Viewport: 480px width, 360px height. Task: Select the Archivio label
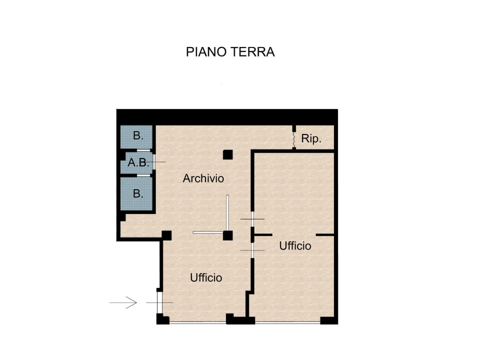(x=203, y=178)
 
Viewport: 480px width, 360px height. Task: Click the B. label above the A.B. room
(x=138, y=135)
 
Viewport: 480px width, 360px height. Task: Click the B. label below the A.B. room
(x=138, y=193)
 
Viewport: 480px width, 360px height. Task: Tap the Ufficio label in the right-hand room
(x=295, y=246)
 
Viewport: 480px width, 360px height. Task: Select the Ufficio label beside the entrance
(x=206, y=277)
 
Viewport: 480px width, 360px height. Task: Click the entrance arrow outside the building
(x=123, y=302)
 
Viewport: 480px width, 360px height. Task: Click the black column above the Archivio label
(x=228, y=154)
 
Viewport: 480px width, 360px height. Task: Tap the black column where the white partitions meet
(x=228, y=235)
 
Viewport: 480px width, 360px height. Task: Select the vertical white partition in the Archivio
(x=227, y=212)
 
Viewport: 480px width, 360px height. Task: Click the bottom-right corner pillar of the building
(x=329, y=320)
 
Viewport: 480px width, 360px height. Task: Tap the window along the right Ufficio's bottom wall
(x=287, y=322)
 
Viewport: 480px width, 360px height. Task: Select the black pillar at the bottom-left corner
(x=162, y=319)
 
